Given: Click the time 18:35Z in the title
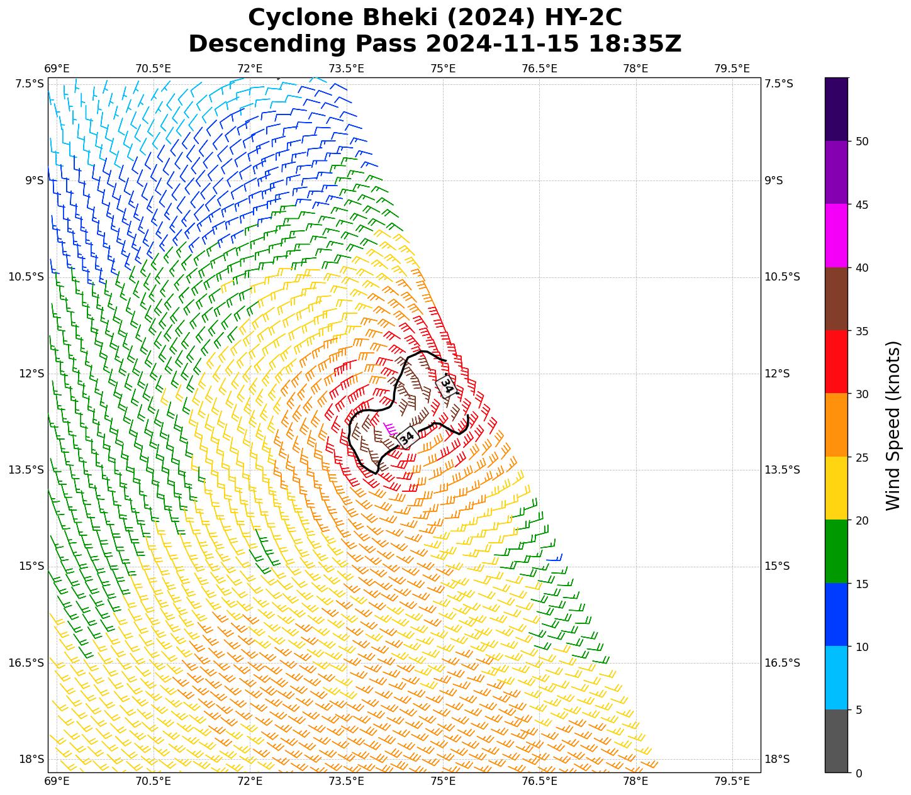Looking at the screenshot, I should (x=634, y=44).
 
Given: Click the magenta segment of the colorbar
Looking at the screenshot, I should (x=836, y=236).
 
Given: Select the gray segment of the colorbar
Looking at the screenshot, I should (x=836, y=741).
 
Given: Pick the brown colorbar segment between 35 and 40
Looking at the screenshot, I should (x=836, y=299).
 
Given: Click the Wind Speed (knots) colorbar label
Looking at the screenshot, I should (x=893, y=425).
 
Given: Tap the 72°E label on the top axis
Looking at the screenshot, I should (x=250, y=68).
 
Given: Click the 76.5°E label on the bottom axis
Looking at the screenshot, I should (x=539, y=782).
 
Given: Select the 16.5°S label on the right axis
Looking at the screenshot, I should (x=782, y=663).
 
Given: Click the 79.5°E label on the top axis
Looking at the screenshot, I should (x=732, y=68).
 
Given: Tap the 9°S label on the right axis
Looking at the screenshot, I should (x=774, y=181).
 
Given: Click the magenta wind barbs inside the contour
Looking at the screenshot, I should (x=389, y=429).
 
